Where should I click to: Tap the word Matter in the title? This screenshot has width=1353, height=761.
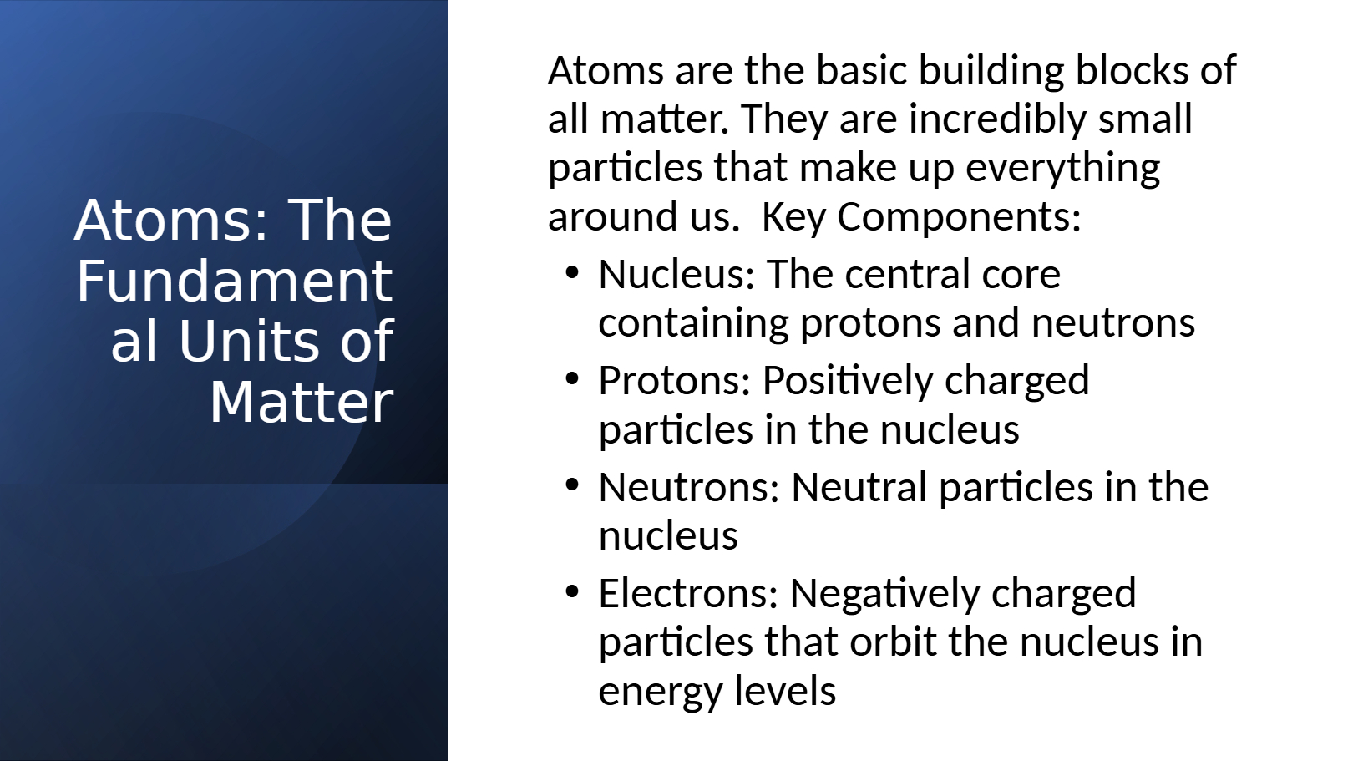click(x=302, y=402)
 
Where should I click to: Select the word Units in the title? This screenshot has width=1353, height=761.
click(x=249, y=341)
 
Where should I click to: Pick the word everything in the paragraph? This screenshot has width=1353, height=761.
click(x=1062, y=169)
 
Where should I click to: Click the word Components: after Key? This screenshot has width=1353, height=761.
click(x=959, y=217)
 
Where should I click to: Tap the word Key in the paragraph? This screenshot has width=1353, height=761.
click(x=793, y=217)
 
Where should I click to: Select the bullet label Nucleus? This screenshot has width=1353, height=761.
click(x=676, y=274)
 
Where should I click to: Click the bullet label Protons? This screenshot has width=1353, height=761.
click(x=674, y=381)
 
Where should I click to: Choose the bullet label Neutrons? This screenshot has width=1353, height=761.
click(x=688, y=487)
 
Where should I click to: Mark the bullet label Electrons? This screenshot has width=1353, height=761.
click(x=688, y=594)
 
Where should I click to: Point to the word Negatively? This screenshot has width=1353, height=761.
click(x=884, y=595)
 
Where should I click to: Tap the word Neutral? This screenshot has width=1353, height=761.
click(x=859, y=486)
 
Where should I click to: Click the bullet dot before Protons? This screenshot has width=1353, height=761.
click(x=572, y=379)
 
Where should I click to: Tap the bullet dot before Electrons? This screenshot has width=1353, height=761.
click(x=572, y=592)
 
